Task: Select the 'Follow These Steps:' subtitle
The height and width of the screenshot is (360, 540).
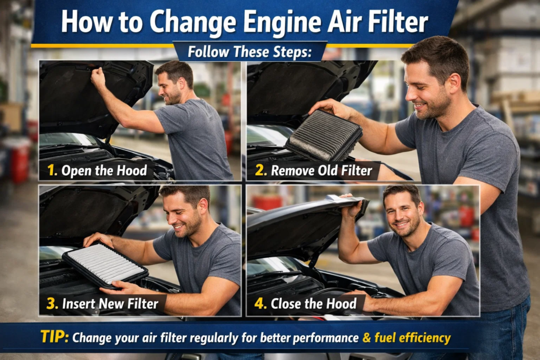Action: (250, 52)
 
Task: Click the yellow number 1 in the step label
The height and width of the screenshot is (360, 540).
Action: (53, 171)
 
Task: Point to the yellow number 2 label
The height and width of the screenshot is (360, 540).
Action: (259, 171)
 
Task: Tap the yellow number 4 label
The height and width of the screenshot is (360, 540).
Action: (260, 304)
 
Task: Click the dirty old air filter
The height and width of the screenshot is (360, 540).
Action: (324, 137)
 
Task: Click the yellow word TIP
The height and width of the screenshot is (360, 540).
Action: (54, 337)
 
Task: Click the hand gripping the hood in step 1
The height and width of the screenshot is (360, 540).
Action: (99, 77)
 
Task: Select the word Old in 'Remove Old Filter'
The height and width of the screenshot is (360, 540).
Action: (331, 171)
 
